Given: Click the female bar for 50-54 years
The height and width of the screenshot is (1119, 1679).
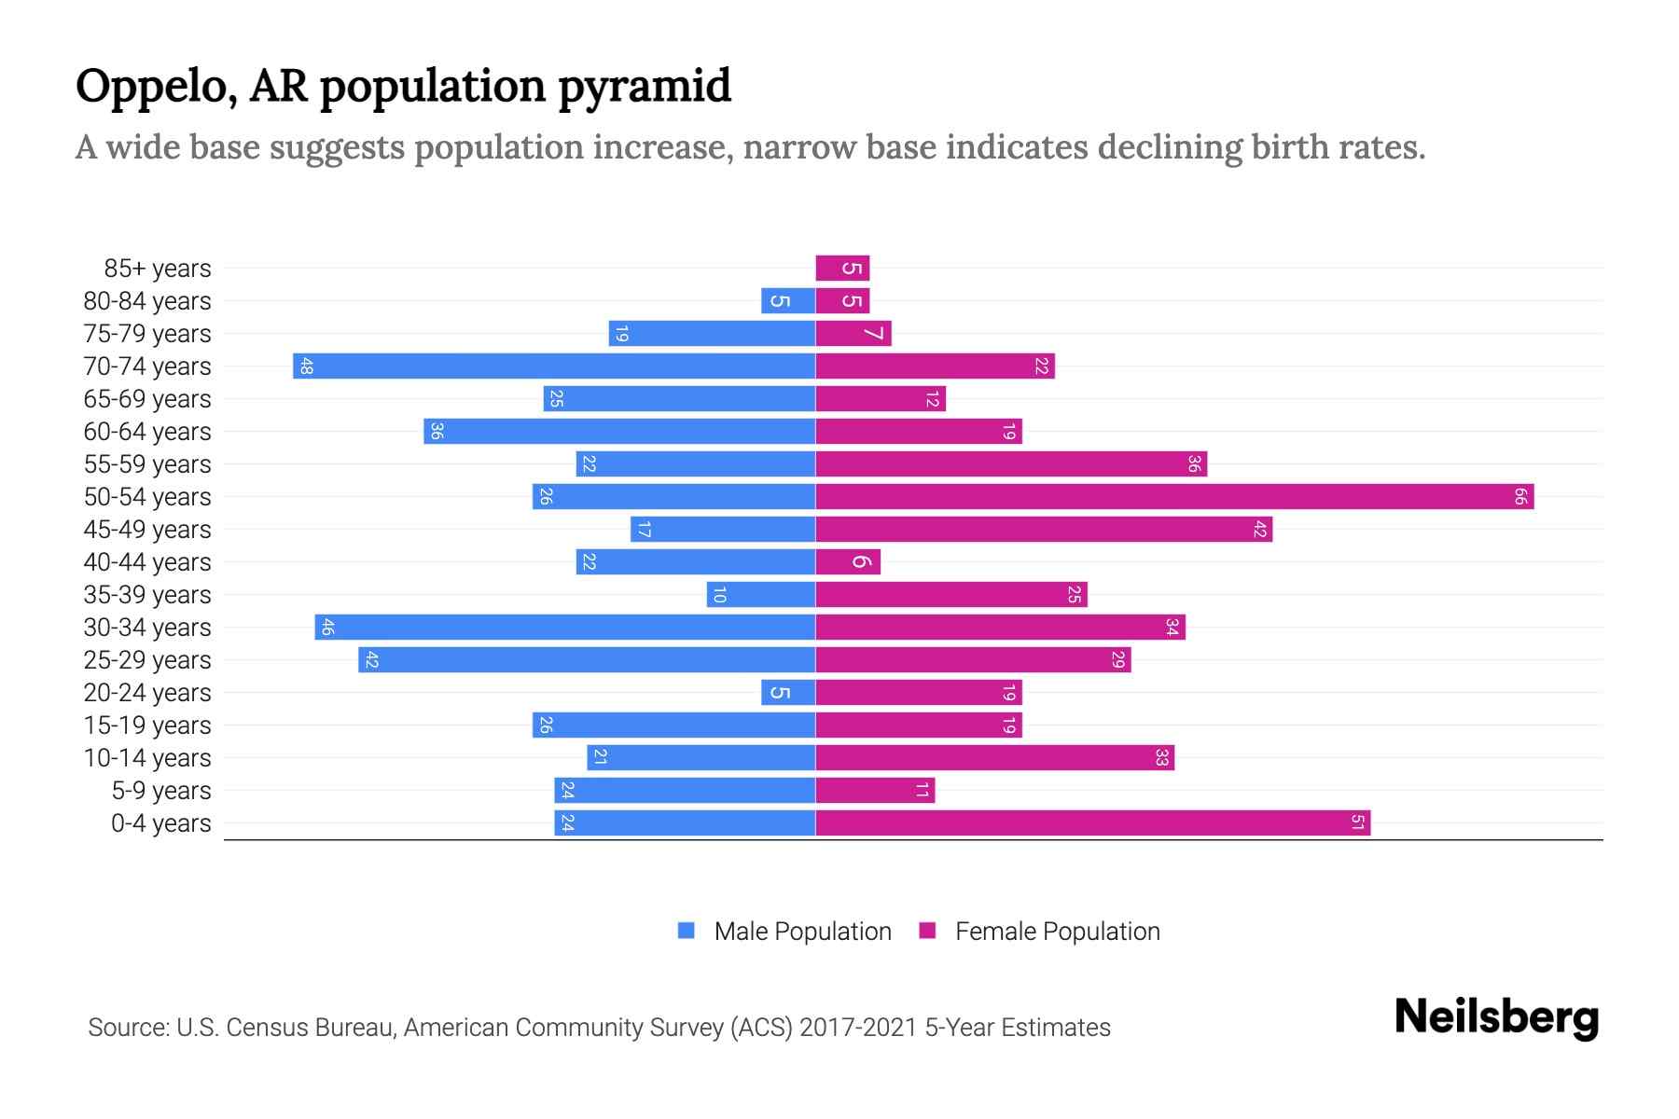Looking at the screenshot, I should tap(1174, 497).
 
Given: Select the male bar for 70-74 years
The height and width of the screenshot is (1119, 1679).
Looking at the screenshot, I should tap(554, 366).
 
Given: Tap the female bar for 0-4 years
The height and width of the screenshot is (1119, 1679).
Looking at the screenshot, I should tap(1092, 823).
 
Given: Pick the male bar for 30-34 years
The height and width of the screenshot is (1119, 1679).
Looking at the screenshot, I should tap(565, 628).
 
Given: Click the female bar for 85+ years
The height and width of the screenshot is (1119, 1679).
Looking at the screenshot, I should tap(842, 269).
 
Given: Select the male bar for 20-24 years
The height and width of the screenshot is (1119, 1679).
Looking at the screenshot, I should tap(788, 693).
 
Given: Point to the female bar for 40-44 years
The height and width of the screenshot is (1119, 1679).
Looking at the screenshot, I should tap(848, 562).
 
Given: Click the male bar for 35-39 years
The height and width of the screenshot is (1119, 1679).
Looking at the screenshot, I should tap(761, 595).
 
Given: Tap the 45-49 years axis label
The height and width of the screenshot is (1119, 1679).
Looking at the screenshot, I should tap(147, 530).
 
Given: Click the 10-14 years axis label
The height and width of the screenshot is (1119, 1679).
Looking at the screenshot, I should tap(147, 758).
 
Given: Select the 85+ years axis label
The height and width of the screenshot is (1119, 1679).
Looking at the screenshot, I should tap(158, 269).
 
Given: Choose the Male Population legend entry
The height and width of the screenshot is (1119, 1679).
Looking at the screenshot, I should tap(784, 932).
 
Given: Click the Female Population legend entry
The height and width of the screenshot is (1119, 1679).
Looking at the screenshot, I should tap(1039, 932).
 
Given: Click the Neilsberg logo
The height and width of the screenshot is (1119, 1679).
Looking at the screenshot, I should tap(1496, 1017).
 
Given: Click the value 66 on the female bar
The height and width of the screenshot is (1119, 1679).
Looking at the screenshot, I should tap(1519, 497).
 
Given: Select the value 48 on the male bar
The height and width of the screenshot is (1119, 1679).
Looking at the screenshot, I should tap(306, 366).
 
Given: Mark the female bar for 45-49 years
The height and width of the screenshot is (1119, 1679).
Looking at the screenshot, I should tap(1044, 530).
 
